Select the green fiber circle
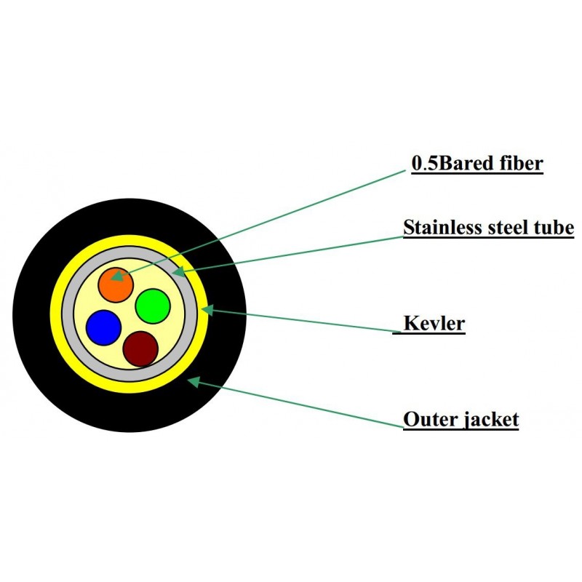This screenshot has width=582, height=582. tap(153, 306)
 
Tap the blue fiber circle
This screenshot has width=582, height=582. tap(103, 327)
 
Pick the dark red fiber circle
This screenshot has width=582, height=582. tap(140, 348)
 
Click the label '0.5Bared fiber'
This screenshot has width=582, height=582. tap(477, 164)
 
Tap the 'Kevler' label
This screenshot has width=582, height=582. tap(434, 323)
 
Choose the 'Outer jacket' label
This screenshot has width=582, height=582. tap(461, 420)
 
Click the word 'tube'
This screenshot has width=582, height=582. tap(554, 228)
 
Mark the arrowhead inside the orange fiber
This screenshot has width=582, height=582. tap(115, 276)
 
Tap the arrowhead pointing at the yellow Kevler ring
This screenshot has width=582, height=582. tap(206, 309)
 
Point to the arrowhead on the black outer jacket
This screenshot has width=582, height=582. tap(192, 380)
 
